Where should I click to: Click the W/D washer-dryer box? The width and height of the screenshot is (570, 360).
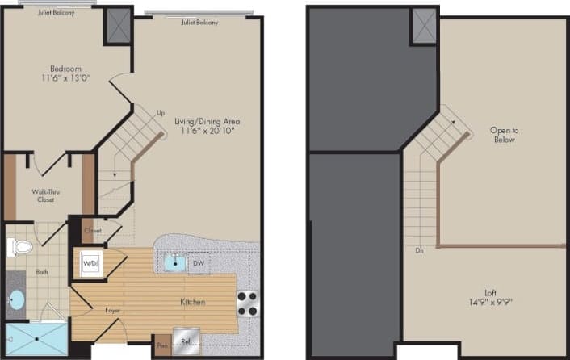click(x=89, y=262)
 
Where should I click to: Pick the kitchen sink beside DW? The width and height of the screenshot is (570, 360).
click(x=174, y=262)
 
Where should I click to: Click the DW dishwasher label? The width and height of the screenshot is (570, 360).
click(x=199, y=262)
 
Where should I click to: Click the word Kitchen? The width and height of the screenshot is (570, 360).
click(x=192, y=302)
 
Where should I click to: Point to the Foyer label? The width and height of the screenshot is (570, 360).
click(x=113, y=309)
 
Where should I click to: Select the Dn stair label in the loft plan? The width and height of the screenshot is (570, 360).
click(x=419, y=251)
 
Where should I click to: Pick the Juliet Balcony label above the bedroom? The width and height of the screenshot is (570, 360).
click(x=49, y=13)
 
